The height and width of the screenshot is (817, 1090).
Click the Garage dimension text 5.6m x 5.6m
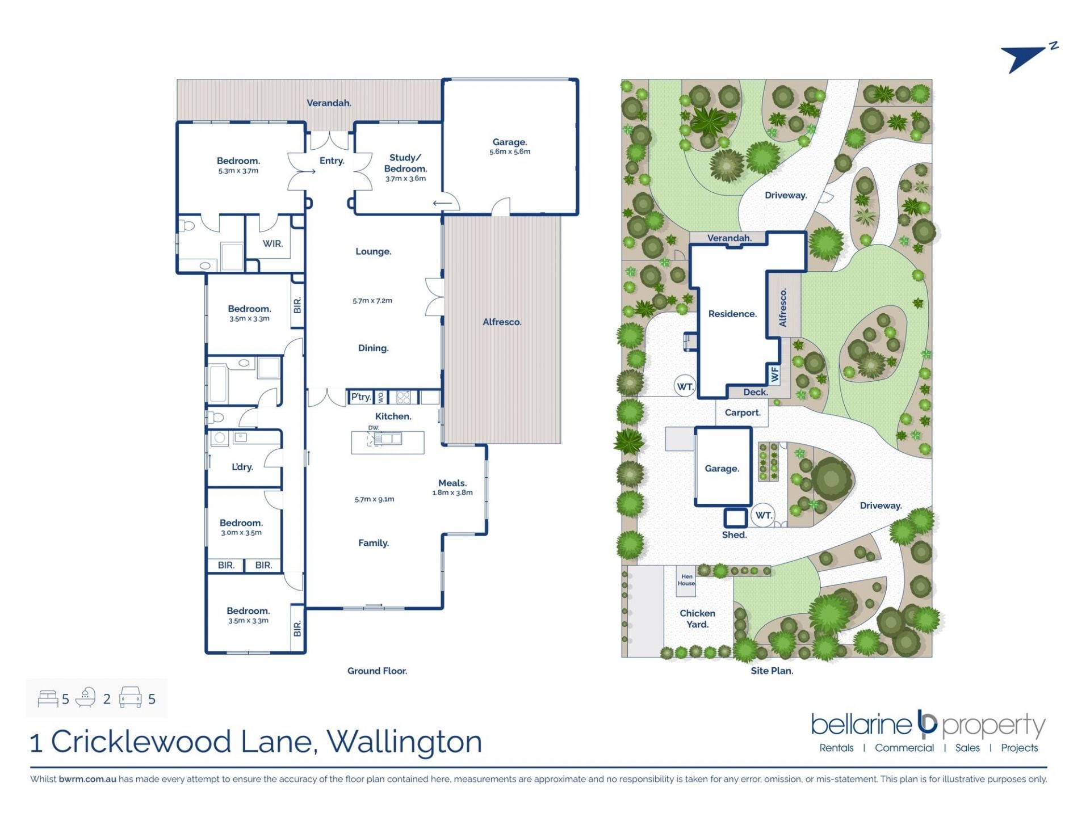coord(510,151)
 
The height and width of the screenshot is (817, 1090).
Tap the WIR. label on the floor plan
coord(272,243)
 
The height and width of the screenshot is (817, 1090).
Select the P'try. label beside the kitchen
coord(361,397)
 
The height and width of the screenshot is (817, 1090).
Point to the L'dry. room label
coord(242,467)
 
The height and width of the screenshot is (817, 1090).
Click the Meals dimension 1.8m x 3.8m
coord(452,492)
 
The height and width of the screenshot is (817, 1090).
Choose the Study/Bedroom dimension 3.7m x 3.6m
coord(405,178)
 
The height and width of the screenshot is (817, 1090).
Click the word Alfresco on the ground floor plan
coord(502,322)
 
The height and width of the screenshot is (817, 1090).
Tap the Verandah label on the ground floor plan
coord(329,103)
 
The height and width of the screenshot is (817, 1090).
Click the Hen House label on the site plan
coord(686,580)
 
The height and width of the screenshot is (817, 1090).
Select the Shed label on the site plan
coord(734,534)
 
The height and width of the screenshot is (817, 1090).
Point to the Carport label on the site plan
coord(743,412)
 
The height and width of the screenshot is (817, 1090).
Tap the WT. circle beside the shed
coord(764,515)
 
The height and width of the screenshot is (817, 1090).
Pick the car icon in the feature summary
coord(130,697)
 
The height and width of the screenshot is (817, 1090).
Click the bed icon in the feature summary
coord(48,698)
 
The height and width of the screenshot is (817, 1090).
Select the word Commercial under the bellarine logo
coord(904,748)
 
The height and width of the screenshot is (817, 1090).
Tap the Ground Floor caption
coord(377,671)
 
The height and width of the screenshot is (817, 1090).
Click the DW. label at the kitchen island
coord(373,428)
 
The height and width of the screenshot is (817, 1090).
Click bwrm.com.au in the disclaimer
coord(87,779)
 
